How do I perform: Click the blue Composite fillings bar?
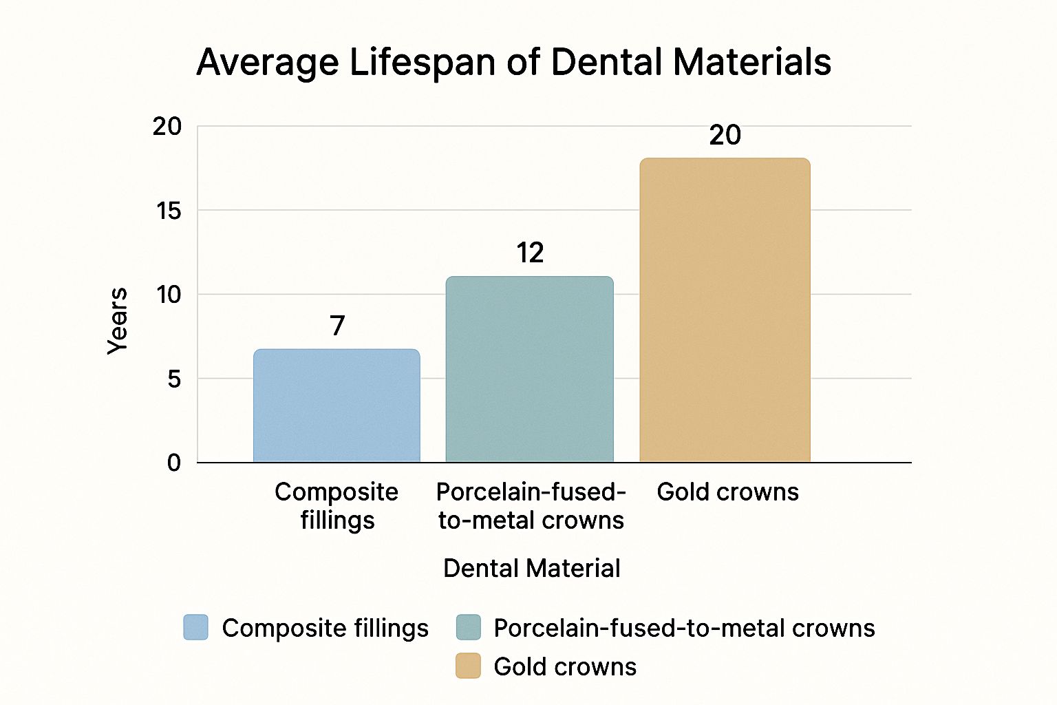pyautogui.click(x=337, y=406)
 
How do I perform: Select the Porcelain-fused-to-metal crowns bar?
pyautogui.click(x=529, y=369)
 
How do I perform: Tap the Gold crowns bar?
pyautogui.click(x=725, y=310)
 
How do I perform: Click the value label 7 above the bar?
pyautogui.click(x=337, y=326)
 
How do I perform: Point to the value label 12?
pyautogui.click(x=530, y=253)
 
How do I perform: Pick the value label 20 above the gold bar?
pyautogui.click(x=725, y=135)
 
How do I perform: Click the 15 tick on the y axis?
pyautogui.click(x=169, y=211)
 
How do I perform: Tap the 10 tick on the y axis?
pyautogui.click(x=169, y=295)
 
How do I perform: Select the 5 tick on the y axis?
pyautogui.click(x=174, y=379)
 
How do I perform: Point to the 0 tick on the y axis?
pyautogui.click(x=174, y=463)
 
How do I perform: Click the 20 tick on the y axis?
pyautogui.click(x=167, y=127)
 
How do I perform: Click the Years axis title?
pyautogui.click(x=118, y=321)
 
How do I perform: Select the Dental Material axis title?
pyautogui.click(x=531, y=569)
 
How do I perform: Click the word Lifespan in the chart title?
pyautogui.click(x=422, y=62)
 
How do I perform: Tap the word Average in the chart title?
pyautogui.click(x=268, y=62)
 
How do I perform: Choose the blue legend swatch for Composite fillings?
pyautogui.click(x=195, y=628)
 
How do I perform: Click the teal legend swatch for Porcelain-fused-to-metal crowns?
pyautogui.click(x=468, y=628)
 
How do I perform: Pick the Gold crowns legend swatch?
pyautogui.click(x=468, y=666)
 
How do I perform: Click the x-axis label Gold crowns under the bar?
pyautogui.click(x=727, y=492)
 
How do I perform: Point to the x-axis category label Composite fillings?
pyautogui.click(x=337, y=506)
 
